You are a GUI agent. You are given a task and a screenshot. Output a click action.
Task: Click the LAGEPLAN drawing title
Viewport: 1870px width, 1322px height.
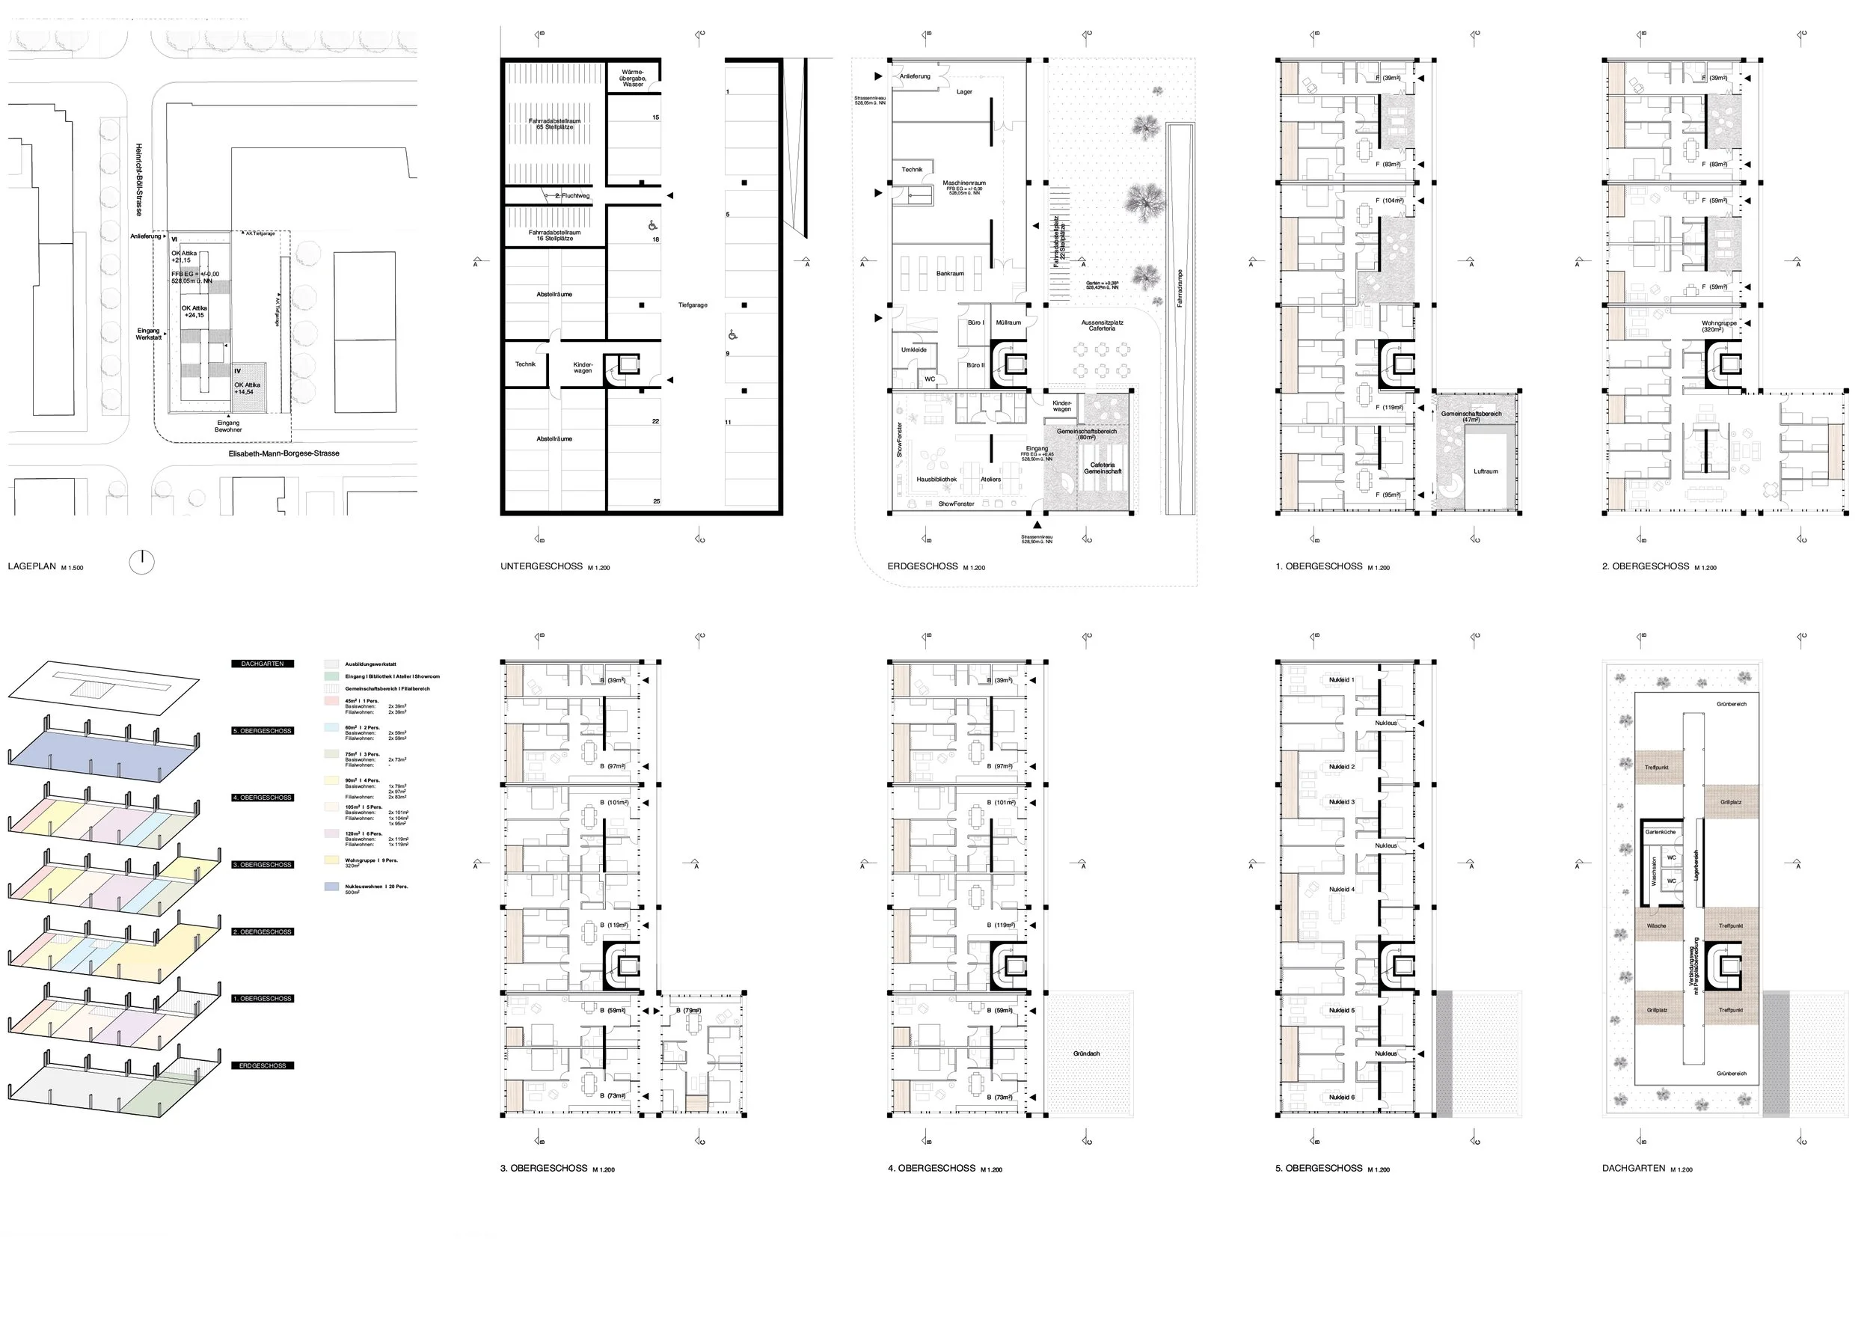point(33,566)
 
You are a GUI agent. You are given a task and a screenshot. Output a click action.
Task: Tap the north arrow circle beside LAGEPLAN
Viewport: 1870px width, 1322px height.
point(141,562)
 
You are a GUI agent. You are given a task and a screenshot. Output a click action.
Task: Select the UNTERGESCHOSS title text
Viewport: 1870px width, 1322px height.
point(542,566)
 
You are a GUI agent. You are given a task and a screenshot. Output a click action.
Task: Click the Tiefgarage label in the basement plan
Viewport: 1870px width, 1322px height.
point(693,305)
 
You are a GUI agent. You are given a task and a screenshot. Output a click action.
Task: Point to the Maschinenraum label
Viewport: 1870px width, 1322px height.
point(964,183)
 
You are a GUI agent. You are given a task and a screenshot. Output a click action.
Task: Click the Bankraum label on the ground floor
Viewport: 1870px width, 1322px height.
point(950,274)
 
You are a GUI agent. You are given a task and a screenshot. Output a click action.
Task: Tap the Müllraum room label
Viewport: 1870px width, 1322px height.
point(1008,322)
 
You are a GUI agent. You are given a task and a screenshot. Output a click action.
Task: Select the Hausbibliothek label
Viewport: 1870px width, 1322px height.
point(936,479)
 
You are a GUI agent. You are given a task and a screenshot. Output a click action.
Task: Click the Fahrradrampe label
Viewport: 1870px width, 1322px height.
point(1180,289)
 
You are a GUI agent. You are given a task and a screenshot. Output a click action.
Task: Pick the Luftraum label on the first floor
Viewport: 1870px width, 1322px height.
point(1486,471)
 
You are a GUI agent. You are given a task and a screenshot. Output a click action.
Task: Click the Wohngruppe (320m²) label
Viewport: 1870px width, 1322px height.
point(1718,325)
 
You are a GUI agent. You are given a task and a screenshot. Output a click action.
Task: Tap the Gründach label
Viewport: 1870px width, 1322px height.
point(1087,1053)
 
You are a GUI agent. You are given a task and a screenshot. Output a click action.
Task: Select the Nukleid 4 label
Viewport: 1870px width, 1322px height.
point(1341,889)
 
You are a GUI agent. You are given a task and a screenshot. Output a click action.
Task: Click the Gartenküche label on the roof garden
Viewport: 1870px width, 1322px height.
point(1660,832)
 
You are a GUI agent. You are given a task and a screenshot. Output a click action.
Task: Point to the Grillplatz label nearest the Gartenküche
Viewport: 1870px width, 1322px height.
point(1731,801)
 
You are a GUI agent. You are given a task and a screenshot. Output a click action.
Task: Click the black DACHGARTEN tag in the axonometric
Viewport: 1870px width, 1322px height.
point(263,664)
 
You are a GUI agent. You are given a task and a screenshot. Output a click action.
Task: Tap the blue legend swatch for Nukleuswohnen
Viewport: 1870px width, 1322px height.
point(331,887)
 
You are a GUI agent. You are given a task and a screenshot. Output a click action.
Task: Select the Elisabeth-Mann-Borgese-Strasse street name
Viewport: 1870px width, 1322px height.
point(283,453)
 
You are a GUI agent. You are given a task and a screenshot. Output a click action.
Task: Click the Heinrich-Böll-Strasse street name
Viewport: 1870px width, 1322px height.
point(139,180)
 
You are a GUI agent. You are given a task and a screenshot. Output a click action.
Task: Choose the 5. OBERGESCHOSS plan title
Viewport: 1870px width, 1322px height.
point(1319,1168)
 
